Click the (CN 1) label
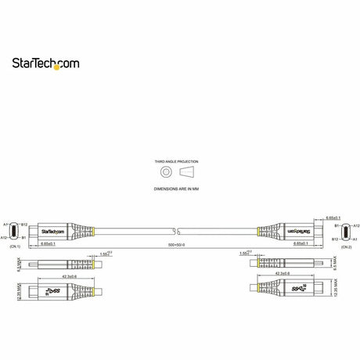pos(14,247)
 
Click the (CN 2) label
pos(345,247)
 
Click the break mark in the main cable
pos(177,231)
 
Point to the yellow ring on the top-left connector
pos(94,231)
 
